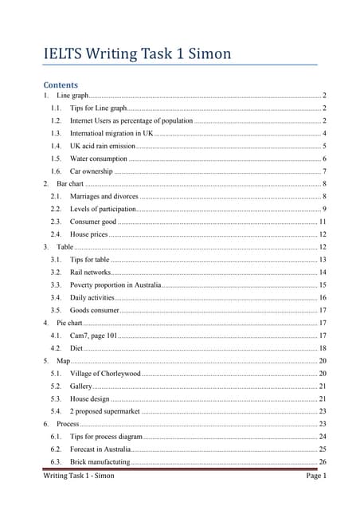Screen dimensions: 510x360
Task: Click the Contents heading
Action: point(61,84)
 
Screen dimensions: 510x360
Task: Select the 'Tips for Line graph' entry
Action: point(98,108)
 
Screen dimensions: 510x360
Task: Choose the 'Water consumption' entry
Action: point(99,159)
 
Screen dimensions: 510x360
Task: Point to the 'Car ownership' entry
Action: point(92,171)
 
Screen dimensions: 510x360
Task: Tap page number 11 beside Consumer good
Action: point(323,222)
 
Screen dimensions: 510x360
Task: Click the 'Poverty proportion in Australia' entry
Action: point(115,285)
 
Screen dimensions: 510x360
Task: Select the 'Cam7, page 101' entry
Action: point(93,336)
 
